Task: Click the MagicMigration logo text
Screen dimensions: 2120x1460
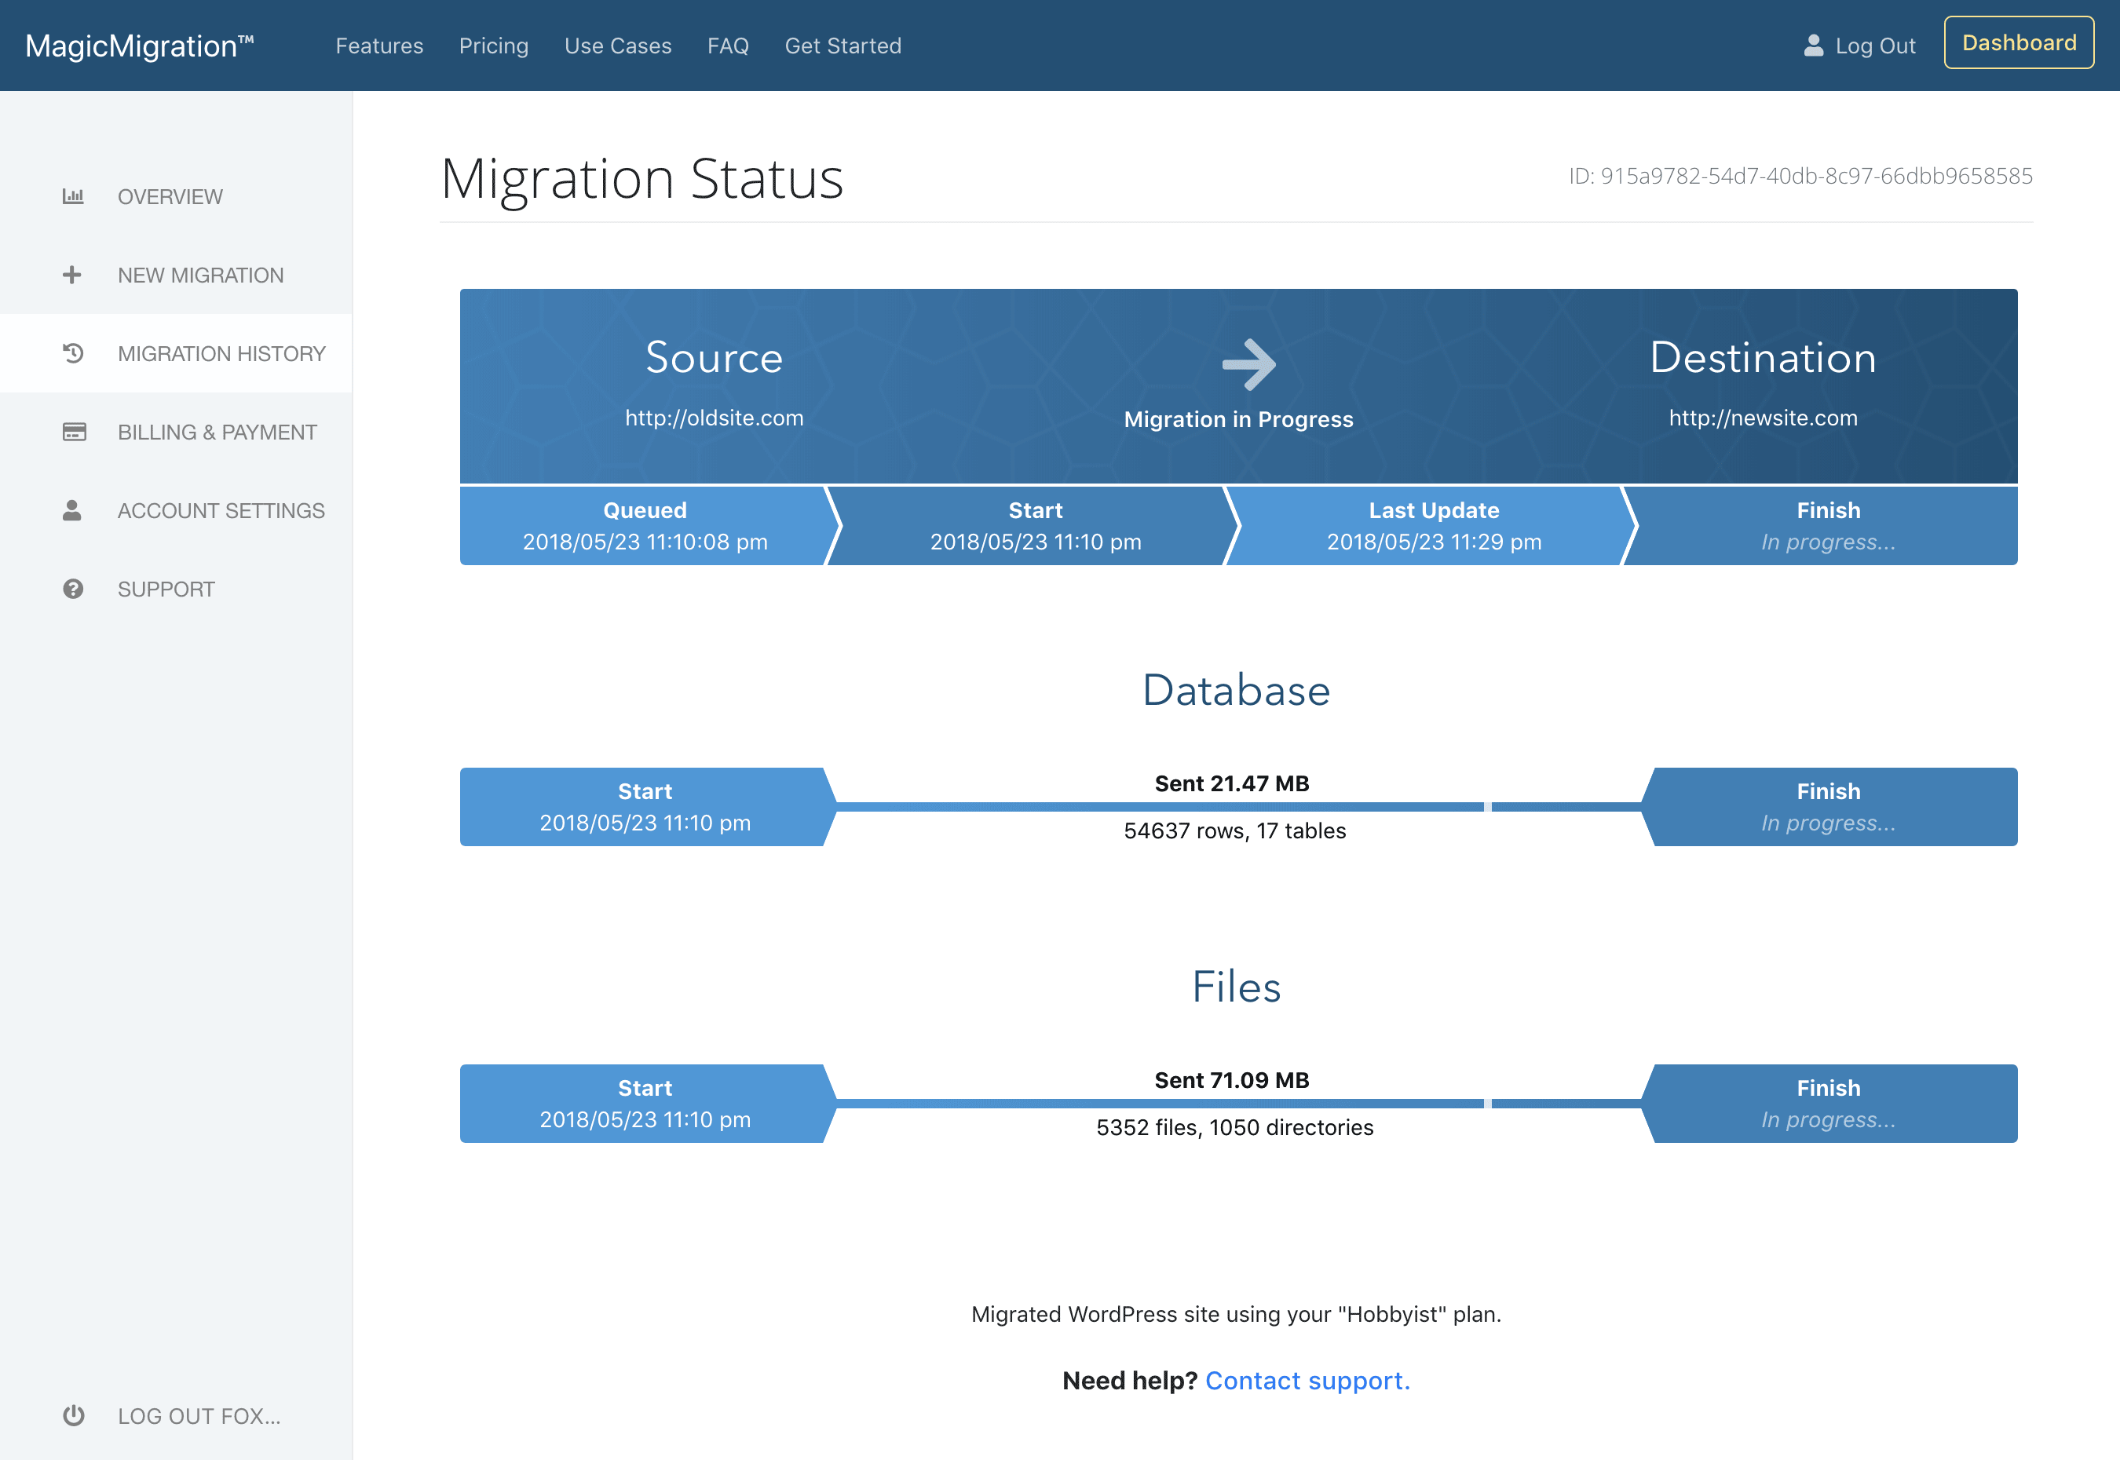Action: coord(139,46)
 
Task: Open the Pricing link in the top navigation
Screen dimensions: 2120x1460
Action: coord(493,46)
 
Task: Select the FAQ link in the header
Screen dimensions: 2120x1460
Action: coord(727,46)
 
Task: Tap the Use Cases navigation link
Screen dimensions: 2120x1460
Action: coord(618,46)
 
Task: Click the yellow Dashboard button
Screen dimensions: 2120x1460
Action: coord(2019,43)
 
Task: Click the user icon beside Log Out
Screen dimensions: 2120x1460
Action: coord(1812,46)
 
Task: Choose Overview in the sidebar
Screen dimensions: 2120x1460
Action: coord(170,197)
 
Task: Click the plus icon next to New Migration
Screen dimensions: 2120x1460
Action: coord(72,275)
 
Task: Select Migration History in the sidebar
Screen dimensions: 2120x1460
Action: coord(221,353)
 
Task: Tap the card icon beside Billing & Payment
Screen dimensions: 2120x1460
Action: coord(74,432)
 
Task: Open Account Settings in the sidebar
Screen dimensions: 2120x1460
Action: coord(221,510)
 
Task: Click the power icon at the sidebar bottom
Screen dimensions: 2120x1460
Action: coord(73,1415)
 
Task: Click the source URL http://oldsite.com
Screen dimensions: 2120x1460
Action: coord(714,418)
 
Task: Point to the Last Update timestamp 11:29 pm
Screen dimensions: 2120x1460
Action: coord(1434,542)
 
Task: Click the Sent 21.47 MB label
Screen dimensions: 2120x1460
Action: coord(1231,784)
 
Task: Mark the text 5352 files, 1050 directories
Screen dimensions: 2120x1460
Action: coord(1234,1127)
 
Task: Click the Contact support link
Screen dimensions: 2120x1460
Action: coord(1307,1381)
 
